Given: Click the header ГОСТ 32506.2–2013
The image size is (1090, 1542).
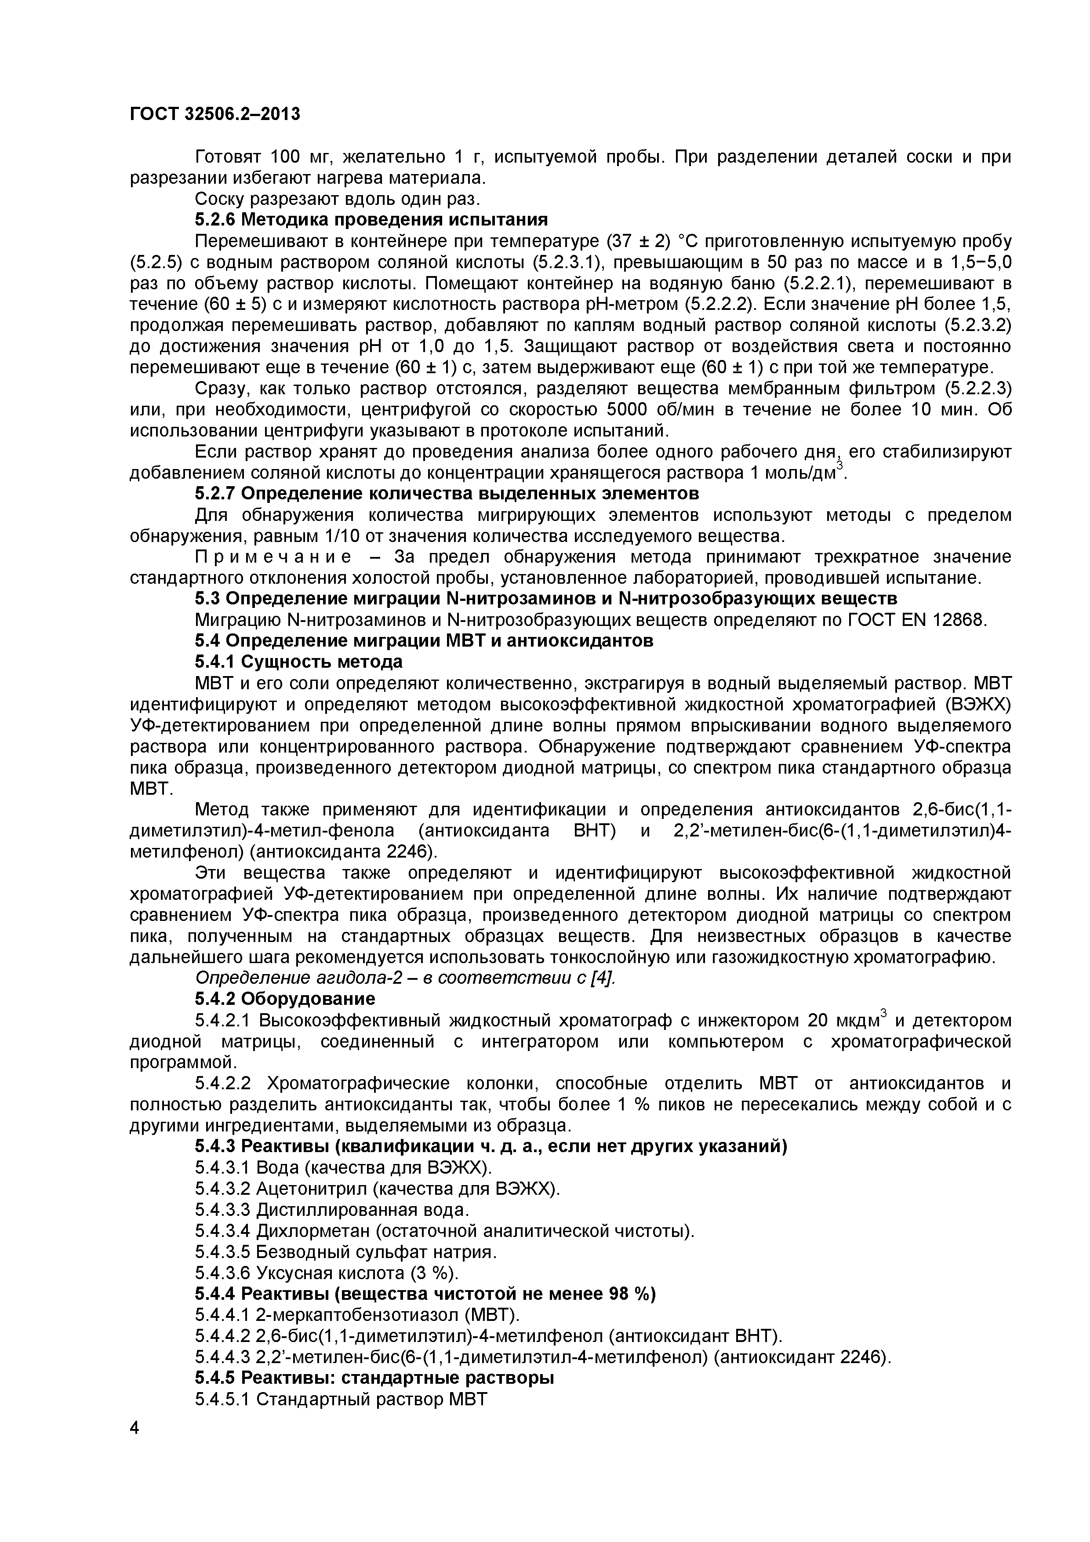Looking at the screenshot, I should pyautogui.click(x=215, y=115).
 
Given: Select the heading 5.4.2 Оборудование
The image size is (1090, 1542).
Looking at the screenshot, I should pyautogui.click(x=285, y=999).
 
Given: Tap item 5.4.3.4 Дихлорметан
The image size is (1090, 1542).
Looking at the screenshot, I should pyautogui.click(x=443, y=1231).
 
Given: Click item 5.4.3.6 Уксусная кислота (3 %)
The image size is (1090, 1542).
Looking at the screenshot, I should pyautogui.click(x=327, y=1273).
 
